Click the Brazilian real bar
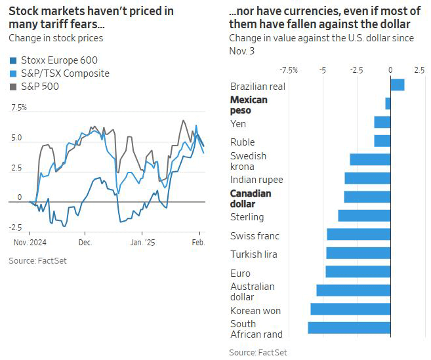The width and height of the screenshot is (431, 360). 397,85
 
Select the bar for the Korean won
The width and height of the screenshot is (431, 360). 350,309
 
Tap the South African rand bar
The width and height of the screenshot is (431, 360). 349,327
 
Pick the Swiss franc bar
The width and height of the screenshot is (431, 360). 358,235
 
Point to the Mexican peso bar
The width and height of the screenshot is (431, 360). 388,103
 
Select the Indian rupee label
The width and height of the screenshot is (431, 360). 257,180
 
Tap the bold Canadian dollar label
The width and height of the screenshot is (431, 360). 251,199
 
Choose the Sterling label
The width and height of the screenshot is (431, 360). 247,217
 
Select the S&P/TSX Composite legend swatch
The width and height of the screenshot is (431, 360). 12,73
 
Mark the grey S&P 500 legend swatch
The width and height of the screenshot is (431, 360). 12,87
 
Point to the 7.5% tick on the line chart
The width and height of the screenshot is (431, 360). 18,108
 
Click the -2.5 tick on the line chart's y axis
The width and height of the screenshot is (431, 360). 16,228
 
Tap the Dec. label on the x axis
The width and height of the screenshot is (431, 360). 85,242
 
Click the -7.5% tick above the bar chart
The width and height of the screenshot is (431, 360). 288,70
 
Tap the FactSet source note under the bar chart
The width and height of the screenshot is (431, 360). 258,353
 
